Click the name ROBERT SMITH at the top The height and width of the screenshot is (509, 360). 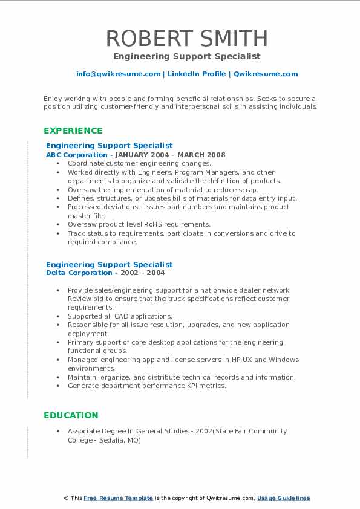186,38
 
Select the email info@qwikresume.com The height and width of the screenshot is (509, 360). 118,74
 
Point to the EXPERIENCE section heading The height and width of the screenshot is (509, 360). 73,131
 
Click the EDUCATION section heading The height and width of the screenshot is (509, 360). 71,415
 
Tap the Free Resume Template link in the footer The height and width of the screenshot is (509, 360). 118,498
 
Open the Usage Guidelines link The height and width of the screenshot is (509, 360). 284,498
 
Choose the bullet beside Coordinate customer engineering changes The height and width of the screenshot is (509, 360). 57,163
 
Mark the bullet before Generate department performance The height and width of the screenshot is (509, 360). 57,386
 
